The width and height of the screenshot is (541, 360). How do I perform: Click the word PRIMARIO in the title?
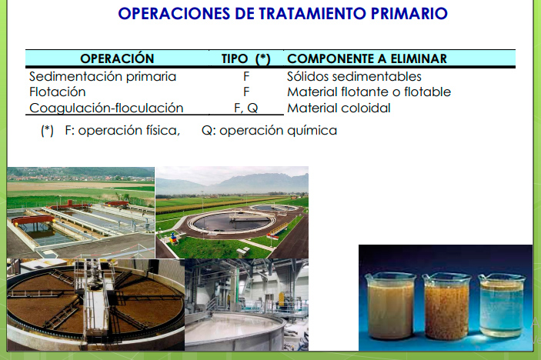[409, 13]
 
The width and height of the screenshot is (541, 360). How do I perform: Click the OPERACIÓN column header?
[117, 58]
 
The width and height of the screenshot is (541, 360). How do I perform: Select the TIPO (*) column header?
[245, 58]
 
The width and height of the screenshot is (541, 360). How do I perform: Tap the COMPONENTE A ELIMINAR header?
[367, 58]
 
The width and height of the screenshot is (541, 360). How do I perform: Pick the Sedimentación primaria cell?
[102, 76]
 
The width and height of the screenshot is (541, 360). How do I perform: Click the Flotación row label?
[57, 92]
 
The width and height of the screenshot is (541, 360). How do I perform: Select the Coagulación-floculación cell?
[106, 108]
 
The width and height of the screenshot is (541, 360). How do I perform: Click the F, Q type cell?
[245, 108]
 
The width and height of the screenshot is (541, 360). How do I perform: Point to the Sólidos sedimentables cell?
[354, 76]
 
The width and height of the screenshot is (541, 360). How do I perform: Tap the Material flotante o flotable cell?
[369, 92]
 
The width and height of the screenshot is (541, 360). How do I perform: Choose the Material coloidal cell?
[339, 108]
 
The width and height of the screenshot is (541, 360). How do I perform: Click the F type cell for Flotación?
[246, 92]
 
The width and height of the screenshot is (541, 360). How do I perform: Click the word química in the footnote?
[312, 131]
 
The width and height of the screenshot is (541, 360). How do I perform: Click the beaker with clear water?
[502, 305]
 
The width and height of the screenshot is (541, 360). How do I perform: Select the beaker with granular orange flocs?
[447, 306]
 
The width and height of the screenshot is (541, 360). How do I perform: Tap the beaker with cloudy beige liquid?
[391, 305]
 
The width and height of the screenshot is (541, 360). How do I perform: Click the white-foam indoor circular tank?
[235, 329]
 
